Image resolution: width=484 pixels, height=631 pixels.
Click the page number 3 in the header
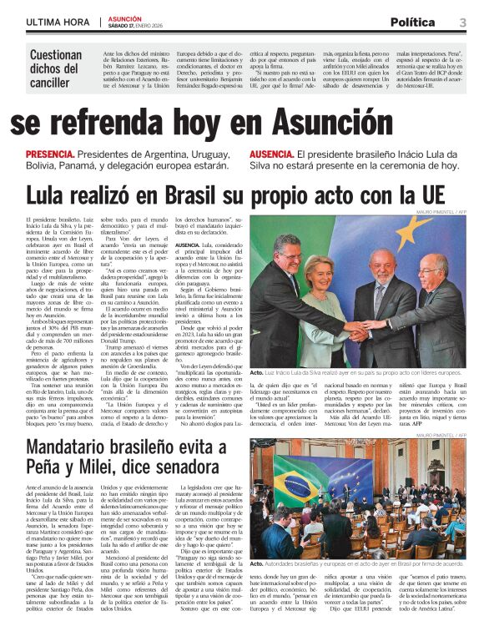coord(462,23)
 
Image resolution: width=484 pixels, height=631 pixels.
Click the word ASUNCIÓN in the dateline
coord(125,18)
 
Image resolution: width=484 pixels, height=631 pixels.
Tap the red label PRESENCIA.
coord(49,155)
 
